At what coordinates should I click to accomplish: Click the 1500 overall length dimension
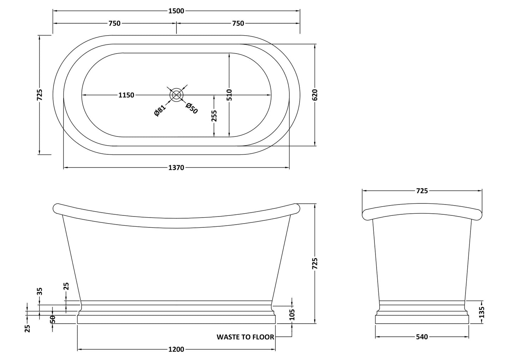(x=176, y=11)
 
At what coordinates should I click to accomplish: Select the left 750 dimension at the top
(x=114, y=23)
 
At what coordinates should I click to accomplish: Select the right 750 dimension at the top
(x=238, y=23)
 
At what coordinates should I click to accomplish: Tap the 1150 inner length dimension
(x=126, y=95)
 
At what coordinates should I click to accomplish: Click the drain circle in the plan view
(x=176, y=95)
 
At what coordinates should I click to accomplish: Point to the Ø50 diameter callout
(x=191, y=108)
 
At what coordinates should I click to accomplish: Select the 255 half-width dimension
(x=214, y=116)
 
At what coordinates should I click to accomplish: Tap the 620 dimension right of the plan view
(x=315, y=95)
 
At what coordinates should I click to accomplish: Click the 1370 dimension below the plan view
(x=176, y=168)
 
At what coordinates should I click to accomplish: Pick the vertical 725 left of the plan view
(x=40, y=95)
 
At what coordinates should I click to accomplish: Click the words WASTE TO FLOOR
(x=245, y=337)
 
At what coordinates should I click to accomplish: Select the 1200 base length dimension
(x=176, y=349)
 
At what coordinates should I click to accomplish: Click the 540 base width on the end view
(x=422, y=337)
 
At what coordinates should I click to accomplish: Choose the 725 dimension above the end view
(x=422, y=191)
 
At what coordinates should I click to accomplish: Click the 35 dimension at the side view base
(x=40, y=291)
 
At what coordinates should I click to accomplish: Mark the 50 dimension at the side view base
(x=52, y=319)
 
